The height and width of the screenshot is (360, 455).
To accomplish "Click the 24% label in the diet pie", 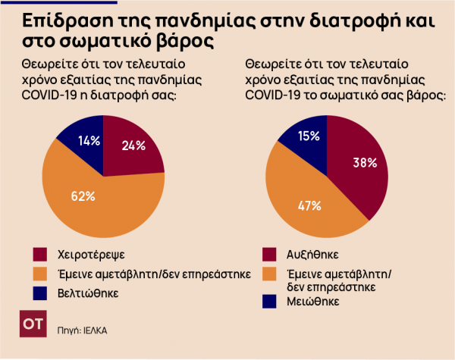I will click(133, 146).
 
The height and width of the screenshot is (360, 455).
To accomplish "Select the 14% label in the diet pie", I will click(90, 140).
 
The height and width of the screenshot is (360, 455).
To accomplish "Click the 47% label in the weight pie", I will click(310, 205).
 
